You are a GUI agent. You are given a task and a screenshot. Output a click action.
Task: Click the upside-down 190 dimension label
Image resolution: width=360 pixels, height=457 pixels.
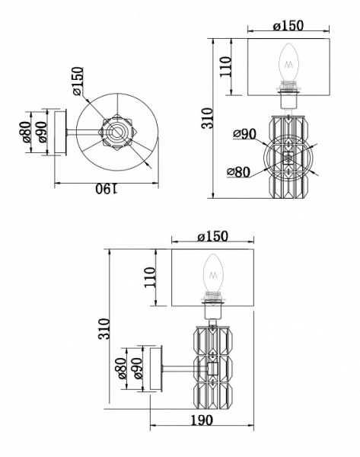coord(107,190)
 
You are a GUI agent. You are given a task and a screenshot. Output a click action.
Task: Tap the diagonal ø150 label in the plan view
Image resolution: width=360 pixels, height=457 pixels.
coord(78,81)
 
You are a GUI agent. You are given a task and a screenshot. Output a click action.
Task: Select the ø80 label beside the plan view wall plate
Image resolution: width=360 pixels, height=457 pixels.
coord(26,132)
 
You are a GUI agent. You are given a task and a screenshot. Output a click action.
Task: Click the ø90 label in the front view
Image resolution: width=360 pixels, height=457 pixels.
coord(244,134)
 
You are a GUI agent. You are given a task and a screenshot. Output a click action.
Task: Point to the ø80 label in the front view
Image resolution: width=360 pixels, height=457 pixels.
coord(238,172)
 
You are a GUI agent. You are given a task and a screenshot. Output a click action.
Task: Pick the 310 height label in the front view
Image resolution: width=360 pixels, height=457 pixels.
coord(208,118)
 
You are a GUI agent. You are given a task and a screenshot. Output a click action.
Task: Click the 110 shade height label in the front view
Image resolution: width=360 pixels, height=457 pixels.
coord(225,67)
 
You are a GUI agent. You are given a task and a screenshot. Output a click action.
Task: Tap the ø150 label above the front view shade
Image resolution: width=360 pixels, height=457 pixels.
coord(288,26)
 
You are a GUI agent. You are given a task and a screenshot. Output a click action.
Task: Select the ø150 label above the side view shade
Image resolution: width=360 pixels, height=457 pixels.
coord(212,236)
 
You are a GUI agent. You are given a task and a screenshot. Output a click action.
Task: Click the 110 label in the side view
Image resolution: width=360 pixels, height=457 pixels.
coord(150,277)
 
